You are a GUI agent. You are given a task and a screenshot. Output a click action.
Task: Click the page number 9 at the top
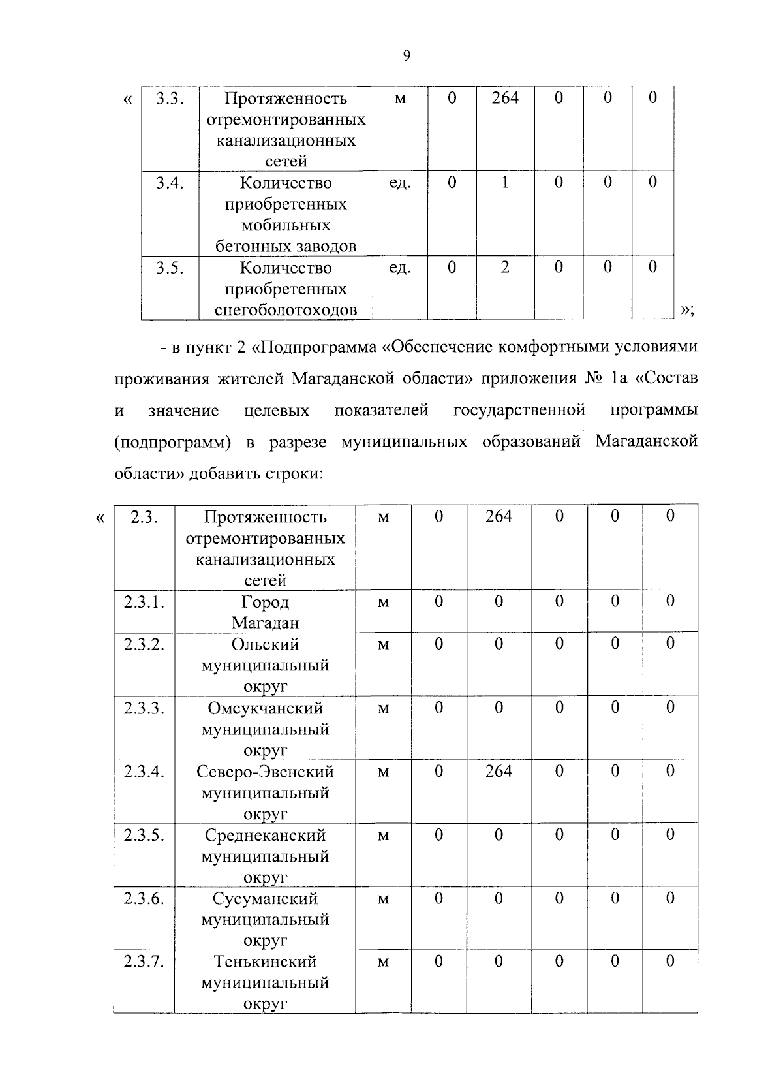(407, 56)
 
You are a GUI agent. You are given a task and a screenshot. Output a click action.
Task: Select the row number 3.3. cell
(170, 99)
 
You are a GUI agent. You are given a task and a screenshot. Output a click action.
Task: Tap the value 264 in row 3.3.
(504, 98)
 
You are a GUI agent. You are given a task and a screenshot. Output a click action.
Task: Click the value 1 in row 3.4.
(504, 182)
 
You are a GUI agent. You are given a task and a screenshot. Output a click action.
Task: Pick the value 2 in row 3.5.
(504, 267)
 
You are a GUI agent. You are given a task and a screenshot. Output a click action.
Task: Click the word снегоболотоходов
(286, 310)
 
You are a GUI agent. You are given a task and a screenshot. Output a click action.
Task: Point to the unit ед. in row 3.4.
(400, 183)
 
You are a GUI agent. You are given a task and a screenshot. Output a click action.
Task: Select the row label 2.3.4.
(144, 772)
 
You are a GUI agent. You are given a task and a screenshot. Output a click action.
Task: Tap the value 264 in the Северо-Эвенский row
(499, 771)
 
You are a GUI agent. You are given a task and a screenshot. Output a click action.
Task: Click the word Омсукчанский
(265, 708)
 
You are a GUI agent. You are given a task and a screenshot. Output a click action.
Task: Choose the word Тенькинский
(265, 962)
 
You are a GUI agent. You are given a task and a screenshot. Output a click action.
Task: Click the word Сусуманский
(265, 899)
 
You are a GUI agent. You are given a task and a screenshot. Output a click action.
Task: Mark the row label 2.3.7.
(144, 962)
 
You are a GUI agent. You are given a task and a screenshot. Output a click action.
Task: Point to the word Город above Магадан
(265, 602)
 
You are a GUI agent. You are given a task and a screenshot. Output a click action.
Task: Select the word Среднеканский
(265, 836)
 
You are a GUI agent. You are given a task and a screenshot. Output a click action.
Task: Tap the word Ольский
(265, 644)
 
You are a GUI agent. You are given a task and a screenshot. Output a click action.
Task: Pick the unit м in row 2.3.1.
(383, 602)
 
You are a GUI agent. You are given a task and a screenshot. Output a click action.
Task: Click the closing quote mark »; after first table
(686, 310)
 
